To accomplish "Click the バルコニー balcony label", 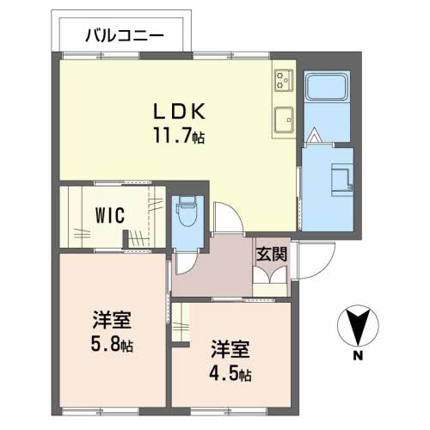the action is (x=125, y=36).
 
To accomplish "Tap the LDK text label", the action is (x=180, y=111).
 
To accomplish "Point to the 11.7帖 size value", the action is (x=179, y=135).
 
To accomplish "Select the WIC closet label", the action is (x=110, y=215).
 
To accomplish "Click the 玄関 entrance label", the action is (x=271, y=254).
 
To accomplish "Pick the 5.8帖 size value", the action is (x=112, y=344).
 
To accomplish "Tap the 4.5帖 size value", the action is (x=230, y=373).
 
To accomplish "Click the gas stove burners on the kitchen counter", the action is (x=284, y=80).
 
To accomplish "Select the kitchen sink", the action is (x=284, y=120).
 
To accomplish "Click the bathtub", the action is (x=327, y=86).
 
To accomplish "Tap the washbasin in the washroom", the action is (x=342, y=180).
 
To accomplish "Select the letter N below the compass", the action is (x=358, y=356).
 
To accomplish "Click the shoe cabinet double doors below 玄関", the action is (x=270, y=275).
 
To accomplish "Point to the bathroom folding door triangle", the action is (x=315, y=135).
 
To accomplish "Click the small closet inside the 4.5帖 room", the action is (x=181, y=322).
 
